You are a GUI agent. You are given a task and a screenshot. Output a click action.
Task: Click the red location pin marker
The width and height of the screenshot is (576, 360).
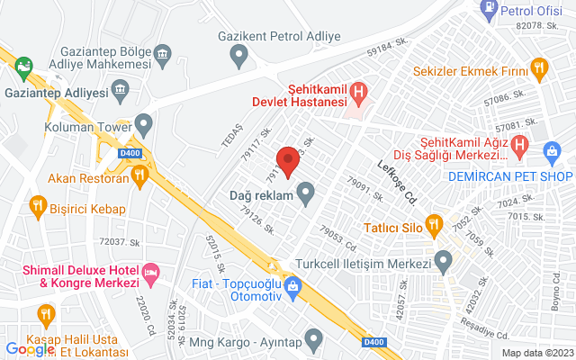(x=288, y=161)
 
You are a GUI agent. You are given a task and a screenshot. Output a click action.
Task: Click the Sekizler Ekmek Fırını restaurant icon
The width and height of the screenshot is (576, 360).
(x=539, y=66)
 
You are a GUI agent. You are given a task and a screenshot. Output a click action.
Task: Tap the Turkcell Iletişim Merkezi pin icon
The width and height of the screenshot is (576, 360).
(x=443, y=262)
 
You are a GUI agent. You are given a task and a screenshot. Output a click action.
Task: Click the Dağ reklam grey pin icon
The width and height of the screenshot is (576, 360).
(x=306, y=193)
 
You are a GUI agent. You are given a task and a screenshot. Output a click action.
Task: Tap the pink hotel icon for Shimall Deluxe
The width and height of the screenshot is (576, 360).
(x=151, y=270)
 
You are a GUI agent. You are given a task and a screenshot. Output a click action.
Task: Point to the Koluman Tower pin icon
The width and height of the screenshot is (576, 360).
(x=142, y=124)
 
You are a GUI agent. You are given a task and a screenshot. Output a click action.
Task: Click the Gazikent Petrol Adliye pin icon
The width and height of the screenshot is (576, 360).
(x=239, y=57)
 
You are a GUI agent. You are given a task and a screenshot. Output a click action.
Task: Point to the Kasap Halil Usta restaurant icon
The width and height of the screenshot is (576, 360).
(x=45, y=314)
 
